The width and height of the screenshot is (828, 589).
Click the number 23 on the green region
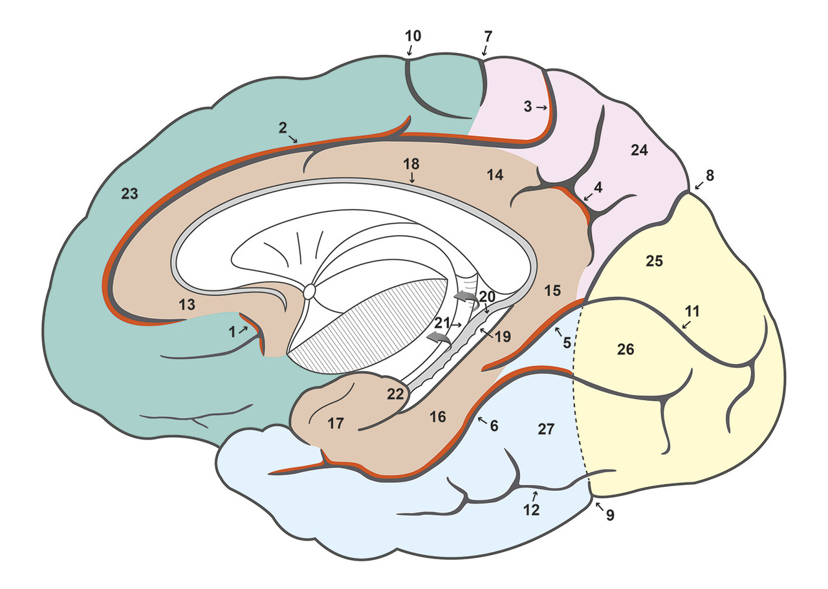pyautogui.click(x=129, y=193)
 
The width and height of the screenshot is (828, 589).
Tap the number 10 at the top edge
pyautogui.click(x=413, y=36)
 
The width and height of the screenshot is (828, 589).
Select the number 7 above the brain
pyautogui.click(x=486, y=36)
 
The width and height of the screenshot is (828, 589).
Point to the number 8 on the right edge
pyautogui.click(x=709, y=175)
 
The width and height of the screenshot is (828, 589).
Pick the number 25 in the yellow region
pyautogui.click(x=654, y=261)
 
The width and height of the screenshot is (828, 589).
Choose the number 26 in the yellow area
pyautogui.click(x=625, y=350)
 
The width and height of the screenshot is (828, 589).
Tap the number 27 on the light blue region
pyautogui.click(x=547, y=429)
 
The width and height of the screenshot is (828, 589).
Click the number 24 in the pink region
pyautogui.click(x=639, y=151)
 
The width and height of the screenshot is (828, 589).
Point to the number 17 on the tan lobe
pyautogui.click(x=335, y=424)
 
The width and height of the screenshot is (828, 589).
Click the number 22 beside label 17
pyautogui.click(x=395, y=394)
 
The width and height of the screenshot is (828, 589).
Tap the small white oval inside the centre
pyautogui.click(x=309, y=292)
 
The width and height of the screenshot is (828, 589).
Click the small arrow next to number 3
pyautogui.click(x=542, y=108)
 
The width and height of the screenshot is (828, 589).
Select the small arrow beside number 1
pyautogui.click(x=245, y=330)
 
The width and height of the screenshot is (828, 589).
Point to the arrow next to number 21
pyautogui.click(x=457, y=323)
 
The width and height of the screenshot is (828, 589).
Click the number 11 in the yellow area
pyautogui.click(x=692, y=310)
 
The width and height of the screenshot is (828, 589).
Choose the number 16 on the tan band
pyautogui.click(x=438, y=417)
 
